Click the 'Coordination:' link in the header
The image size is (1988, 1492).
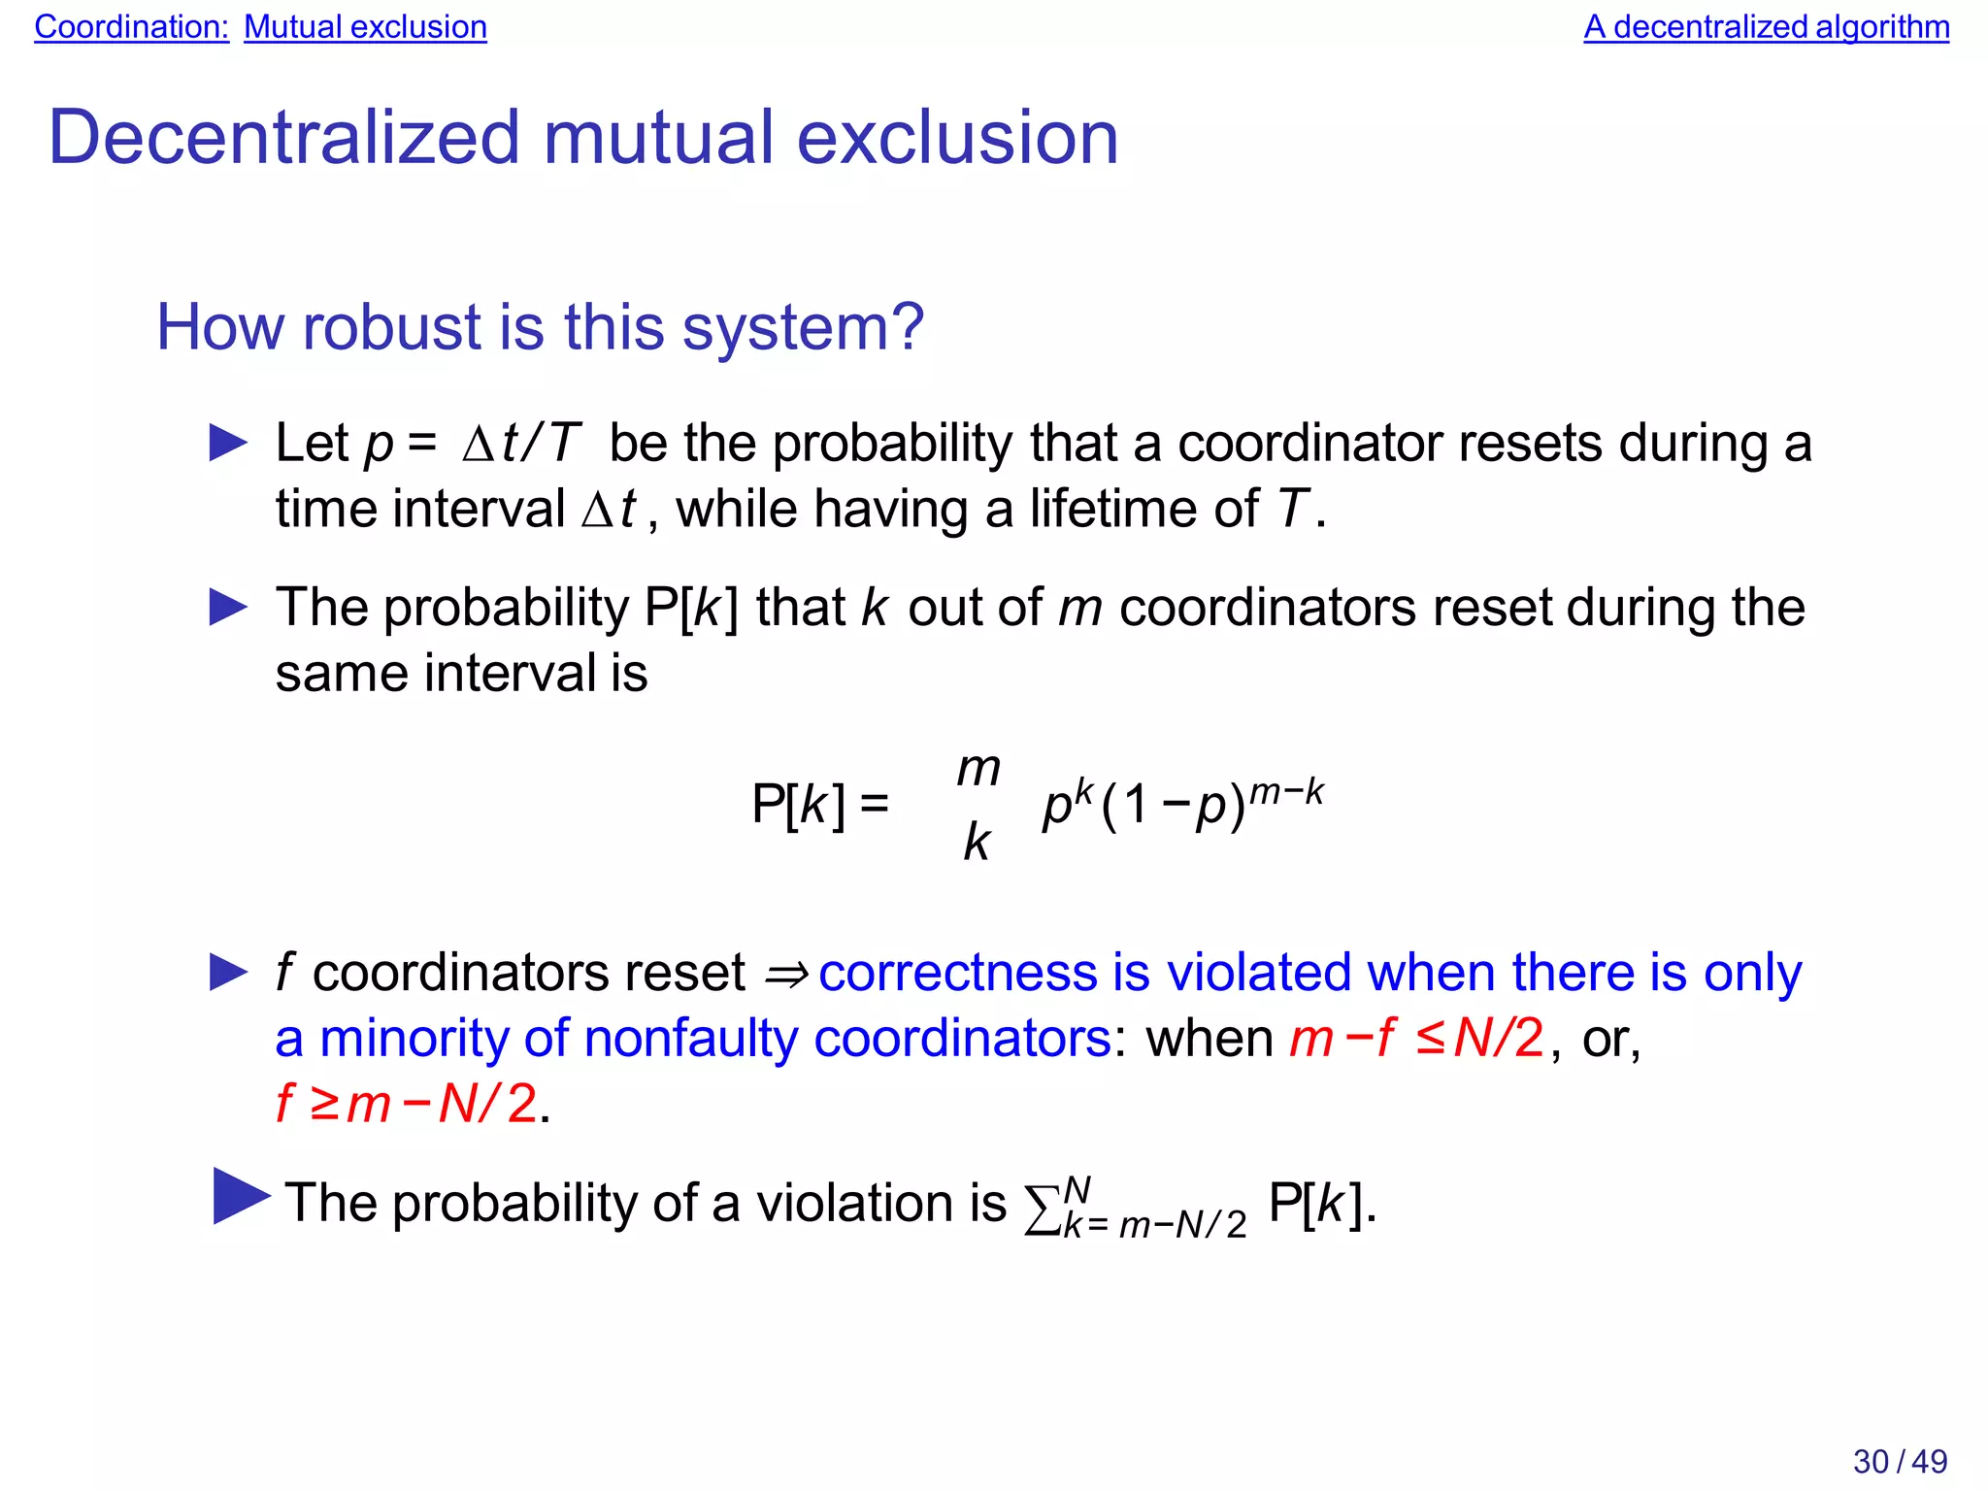coord(131,27)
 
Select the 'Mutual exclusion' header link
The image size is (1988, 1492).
coord(365,27)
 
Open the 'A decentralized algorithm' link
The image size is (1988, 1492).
coord(1766,27)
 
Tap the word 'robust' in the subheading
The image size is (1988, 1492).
coord(392,327)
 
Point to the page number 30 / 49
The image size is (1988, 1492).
coord(1900,1461)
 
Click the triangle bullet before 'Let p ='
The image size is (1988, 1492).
coord(228,444)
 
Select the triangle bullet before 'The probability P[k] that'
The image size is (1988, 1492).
coord(228,608)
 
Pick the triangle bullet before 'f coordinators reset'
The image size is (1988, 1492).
coord(228,973)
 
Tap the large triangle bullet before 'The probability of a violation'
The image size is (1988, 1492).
coord(240,1197)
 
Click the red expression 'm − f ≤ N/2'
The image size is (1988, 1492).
coord(1415,1039)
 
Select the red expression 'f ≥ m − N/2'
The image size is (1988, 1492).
coord(406,1104)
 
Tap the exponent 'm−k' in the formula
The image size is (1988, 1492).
coord(1286,792)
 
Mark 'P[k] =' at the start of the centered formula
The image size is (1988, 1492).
coord(819,805)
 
